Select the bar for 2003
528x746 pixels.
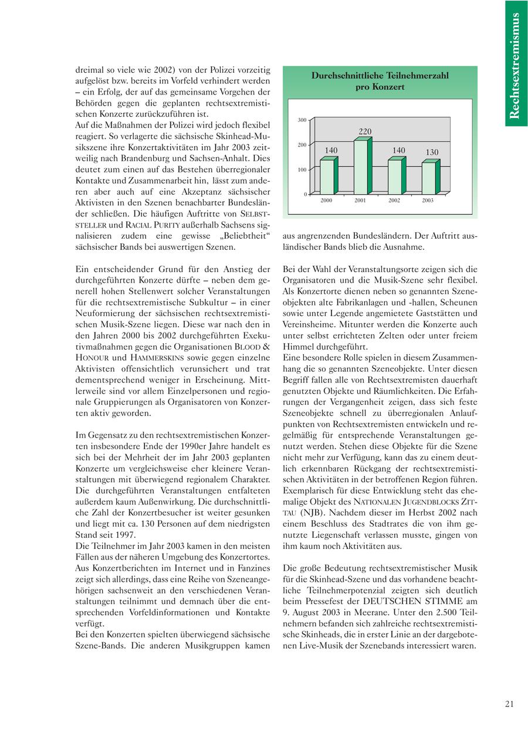pyautogui.click(x=429, y=178)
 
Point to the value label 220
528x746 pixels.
pyautogui.click(x=365, y=131)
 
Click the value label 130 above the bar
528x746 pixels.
pyautogui.click(x=432, y=152)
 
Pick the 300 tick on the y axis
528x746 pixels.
pyautogui.click(x=302, y=120)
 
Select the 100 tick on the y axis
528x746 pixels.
pyautogui.click(x=302, y=170)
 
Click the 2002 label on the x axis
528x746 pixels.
pyautogui.click(x=394, y=201)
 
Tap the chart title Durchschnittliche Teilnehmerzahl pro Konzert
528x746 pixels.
pyautogui.click(x=380, y=81)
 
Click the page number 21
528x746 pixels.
pyautogui.click(x=509, y=704)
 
